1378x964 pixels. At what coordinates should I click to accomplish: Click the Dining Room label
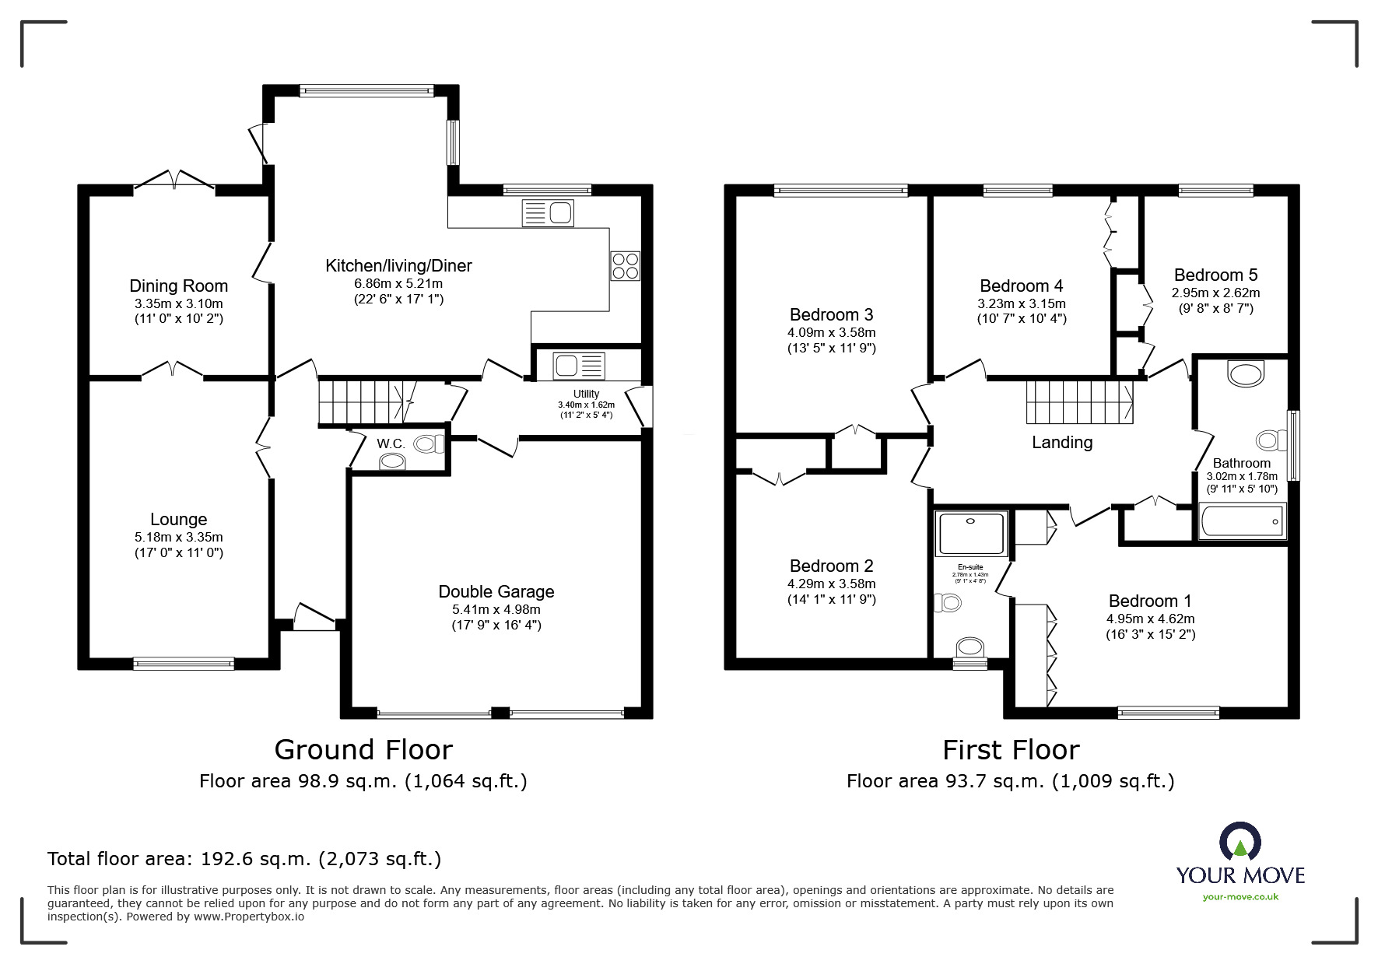click(178, 286)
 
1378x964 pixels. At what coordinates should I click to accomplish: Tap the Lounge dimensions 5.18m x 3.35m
click(178, 537)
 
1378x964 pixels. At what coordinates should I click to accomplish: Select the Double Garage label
click(496, 591)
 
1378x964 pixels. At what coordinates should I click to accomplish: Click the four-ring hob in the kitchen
click(625, 266)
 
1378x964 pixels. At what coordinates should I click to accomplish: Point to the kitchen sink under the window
click(548, 213)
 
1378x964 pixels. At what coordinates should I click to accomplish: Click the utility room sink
click(579, 365)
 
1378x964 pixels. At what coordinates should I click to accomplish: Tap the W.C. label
click(391, 443)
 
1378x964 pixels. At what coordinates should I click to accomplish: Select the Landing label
click(1061, 442)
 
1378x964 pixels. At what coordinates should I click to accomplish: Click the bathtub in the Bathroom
click(1242, 521)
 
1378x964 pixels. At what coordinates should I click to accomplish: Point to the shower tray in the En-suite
click(971, 533)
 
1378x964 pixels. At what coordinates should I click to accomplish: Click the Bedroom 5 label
click(1215, 275)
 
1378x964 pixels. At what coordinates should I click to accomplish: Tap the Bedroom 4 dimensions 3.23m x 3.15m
click(1021, 303)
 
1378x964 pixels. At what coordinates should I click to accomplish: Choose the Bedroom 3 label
click(831, 314)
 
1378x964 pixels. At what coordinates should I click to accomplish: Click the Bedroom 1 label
click(1149, 601)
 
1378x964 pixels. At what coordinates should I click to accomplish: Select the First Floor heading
click(1010, 750)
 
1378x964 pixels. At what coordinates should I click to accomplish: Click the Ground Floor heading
click(363, 750)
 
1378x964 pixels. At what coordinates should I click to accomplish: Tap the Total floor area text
click(244, 859)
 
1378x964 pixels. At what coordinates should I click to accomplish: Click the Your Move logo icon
click(1240, 842)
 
